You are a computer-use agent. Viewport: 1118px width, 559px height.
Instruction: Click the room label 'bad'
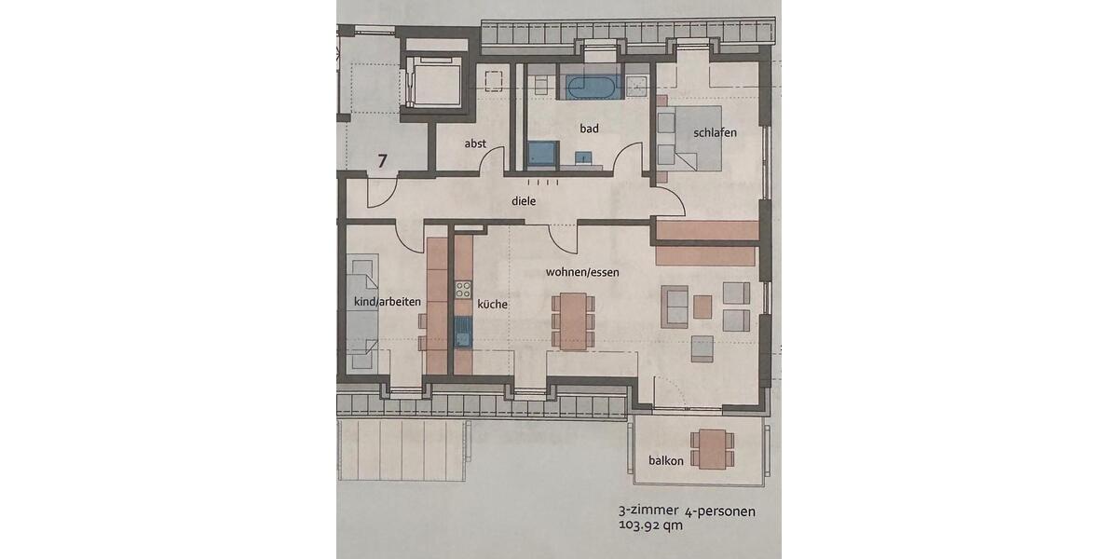click(x=589, y=129)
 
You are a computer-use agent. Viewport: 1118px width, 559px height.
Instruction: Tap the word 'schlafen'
click(x=715, y=132)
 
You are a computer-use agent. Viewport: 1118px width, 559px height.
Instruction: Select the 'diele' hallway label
click(x=525, y=199)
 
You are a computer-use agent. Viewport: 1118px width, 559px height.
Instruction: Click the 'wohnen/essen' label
click(x=583, y=272)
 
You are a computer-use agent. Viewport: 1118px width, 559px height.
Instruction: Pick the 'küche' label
click(x=493, y=304)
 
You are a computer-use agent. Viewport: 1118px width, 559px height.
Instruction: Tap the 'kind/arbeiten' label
click(x=388, y=302)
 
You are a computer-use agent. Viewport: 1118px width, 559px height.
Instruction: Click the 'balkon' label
click(x=666, y=460)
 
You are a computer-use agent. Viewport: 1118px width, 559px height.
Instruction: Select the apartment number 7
click(x=382, y=160)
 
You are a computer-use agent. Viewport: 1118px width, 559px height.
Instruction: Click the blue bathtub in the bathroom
click(x=591, y=89)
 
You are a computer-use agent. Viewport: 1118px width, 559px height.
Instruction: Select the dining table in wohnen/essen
click(x=573, y=320)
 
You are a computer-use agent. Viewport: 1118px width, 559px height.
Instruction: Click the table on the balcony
click(x=713, y=448)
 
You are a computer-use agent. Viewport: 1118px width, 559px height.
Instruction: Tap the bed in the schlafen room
click(x=694, y=138)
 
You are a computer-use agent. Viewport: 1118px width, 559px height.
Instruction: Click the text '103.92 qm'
click(x=650, y=525)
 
